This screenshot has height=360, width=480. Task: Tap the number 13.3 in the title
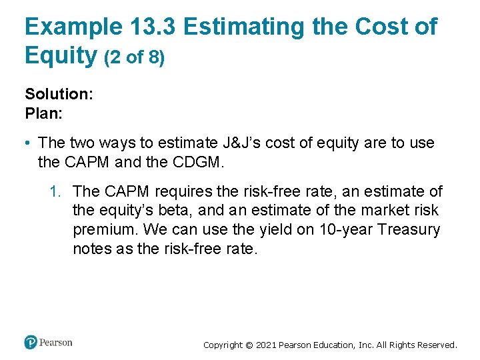click(151, 27)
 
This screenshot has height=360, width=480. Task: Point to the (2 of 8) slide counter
click(134, 58)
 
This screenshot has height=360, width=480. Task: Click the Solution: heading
click(59, 94)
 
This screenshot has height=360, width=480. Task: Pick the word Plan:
click(43, 113)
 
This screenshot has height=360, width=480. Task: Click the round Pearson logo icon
click(31, 343)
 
